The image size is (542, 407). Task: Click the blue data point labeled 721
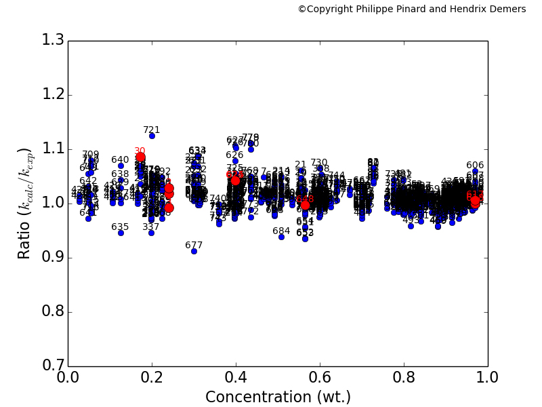152,136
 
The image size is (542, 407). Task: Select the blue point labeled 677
194,251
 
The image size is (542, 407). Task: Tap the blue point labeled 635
121,233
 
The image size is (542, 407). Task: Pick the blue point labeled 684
281,237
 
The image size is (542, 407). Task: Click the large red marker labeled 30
140,157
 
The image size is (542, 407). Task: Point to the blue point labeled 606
475,172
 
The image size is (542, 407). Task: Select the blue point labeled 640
121,166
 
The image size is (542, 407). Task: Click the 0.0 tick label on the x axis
68,378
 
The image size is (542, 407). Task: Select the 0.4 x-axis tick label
236,378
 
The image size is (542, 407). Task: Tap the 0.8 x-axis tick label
404,378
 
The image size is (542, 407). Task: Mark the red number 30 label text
140,151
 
